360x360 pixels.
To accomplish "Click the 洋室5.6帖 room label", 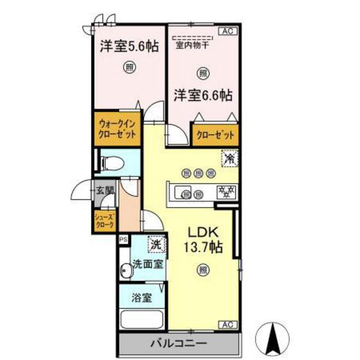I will point(129,47).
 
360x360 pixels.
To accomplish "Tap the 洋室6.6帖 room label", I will point(202,96).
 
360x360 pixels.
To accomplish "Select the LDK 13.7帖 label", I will point(204,240).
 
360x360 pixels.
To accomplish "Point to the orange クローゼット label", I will point(213,136).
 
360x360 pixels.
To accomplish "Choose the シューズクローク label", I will point(105,221).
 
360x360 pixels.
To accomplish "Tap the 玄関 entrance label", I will point(105,190).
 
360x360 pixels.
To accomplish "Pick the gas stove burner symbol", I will point(225,191).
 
